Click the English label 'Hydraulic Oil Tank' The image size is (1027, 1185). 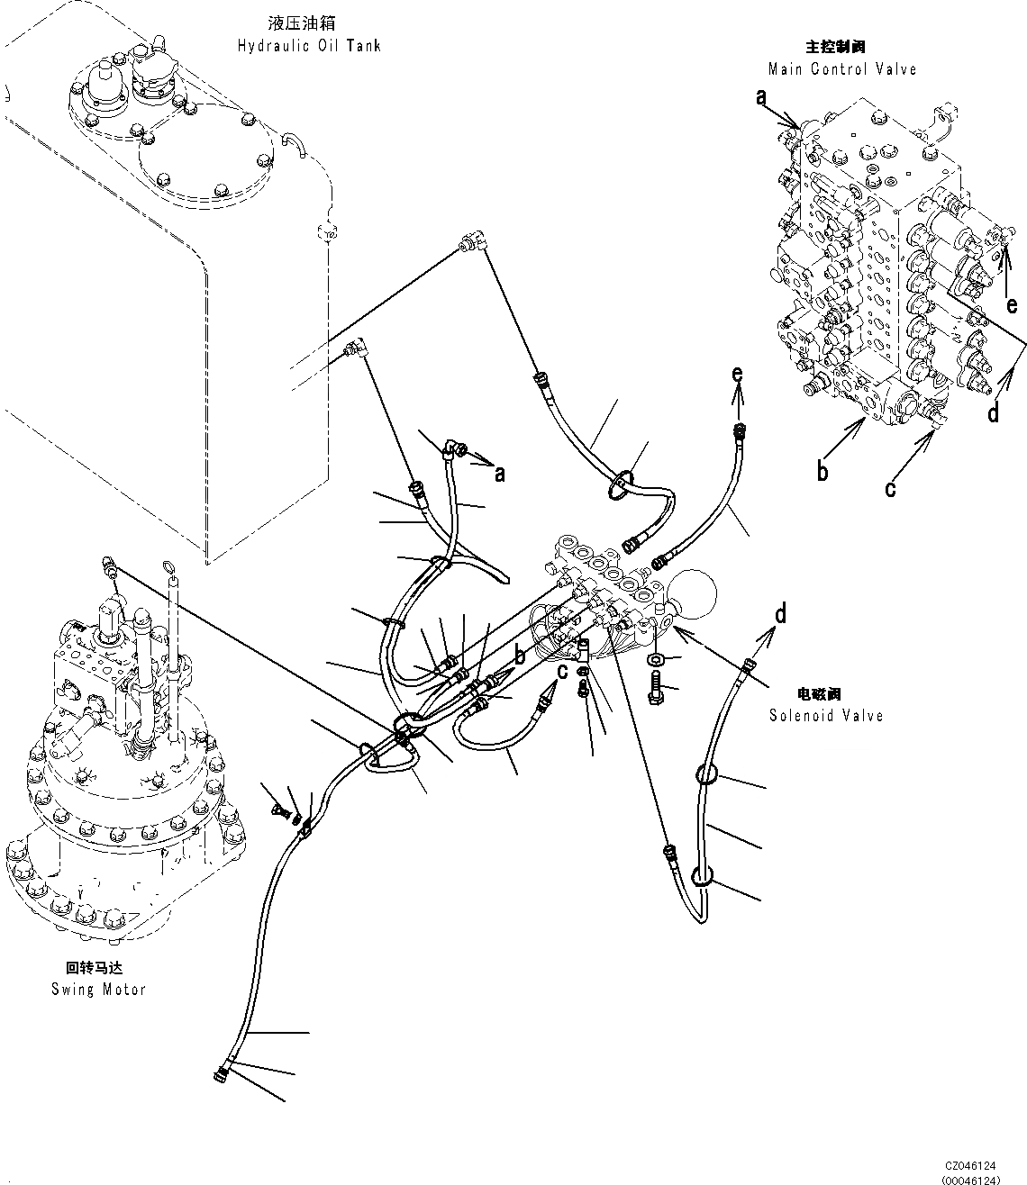[309, 46]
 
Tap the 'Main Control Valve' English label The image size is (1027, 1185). [841, 68]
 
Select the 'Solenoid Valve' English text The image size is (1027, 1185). [825, 715]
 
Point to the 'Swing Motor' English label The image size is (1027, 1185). [98, 989]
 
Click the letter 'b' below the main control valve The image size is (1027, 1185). [823, 471]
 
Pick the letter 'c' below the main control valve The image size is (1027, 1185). [891, 487]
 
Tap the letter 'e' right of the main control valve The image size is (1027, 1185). [1012, 305]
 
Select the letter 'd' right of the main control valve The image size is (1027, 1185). [993, 413]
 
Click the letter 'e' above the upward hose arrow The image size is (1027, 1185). [738, 373]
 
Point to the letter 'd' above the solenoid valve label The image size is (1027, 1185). [780, 614]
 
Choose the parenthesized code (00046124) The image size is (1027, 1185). [969, 1178]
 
